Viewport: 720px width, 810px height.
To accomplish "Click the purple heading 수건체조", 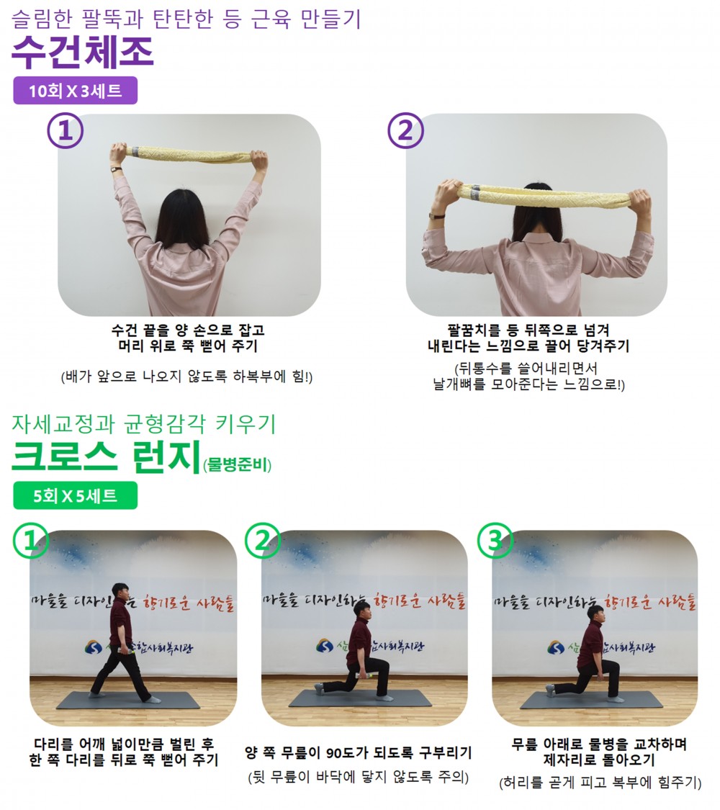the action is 83,52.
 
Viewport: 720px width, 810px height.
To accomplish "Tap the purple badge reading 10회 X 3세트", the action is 76,91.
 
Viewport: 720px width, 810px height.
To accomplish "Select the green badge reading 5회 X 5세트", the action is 76,496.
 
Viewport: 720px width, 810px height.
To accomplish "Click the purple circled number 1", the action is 66,131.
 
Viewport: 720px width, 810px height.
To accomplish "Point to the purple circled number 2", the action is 406,131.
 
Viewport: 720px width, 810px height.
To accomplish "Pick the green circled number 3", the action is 495,541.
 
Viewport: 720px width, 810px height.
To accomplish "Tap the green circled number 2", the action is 263,541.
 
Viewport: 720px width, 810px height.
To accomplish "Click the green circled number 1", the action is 30,541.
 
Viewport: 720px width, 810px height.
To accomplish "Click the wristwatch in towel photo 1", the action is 117,169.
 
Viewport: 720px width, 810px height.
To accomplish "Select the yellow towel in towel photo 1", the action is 188,153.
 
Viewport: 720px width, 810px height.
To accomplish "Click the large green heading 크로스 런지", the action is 106,457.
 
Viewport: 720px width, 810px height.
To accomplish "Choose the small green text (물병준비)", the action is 237,465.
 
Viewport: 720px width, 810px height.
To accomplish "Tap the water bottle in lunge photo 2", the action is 366,675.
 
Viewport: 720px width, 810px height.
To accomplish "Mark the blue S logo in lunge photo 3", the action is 557,647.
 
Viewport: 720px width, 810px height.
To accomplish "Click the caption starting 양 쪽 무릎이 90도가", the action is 359,752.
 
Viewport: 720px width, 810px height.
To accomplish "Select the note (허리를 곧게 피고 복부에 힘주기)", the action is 600,783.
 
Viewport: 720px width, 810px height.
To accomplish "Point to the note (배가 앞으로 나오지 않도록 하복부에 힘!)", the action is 186,376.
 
